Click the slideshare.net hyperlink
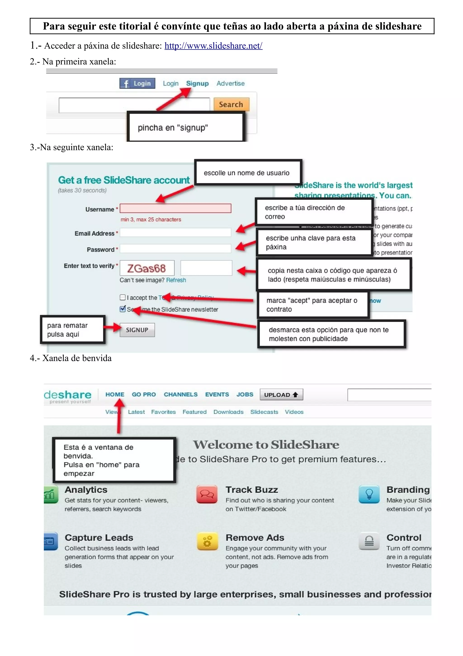click(x=213, y=46)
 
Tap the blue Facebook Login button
click(x=137, y=84)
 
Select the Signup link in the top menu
click(x=197, y=84)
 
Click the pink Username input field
click(x=175, y=208)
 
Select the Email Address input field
click(x=175, y=232)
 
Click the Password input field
click(x=175, y=249)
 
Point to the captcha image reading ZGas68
click(x=147, y=268)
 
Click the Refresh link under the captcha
click(x=176, y=280)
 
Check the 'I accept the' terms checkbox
click(x=123, y=297)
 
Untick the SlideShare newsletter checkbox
click(x=123, y=309)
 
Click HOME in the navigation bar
click(x=115, y=395)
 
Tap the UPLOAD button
click(x=281, y=395)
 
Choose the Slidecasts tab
click(x=264, y=412)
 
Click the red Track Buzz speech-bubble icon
click(x=207, y=494)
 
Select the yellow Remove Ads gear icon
click(x=207, y=541)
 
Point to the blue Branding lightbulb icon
click(x=369, y=494)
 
